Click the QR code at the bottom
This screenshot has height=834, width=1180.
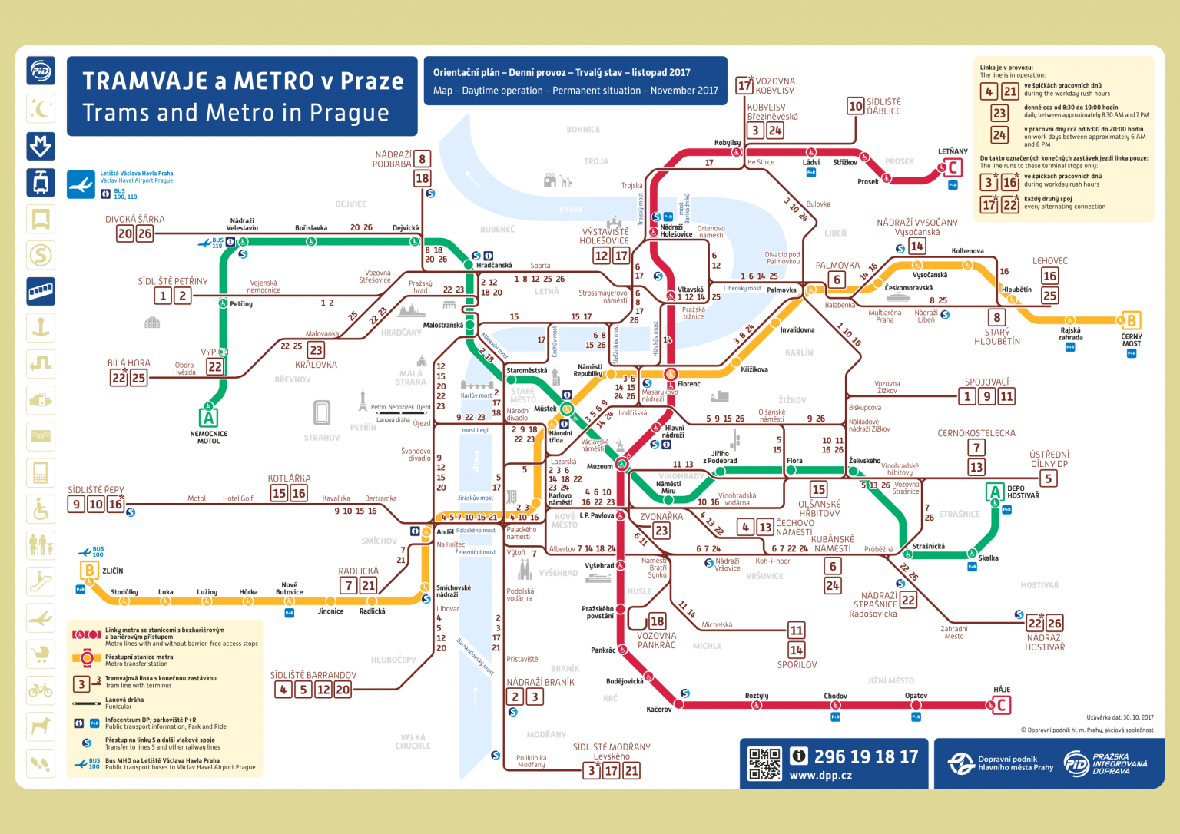click(764, 764)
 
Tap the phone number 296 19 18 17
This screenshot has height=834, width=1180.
click(865, 757)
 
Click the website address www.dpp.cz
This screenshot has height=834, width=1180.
click(820, 776)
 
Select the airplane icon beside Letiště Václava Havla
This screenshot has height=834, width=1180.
click(81, 185)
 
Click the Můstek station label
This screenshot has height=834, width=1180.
click(545, 409)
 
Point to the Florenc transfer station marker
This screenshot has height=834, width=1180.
click(670, 374)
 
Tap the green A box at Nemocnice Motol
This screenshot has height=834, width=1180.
click(208, 418)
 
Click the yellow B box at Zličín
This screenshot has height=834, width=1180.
click(89, 571)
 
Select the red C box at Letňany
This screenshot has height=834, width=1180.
click(953, 167)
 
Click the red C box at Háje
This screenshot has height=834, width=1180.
click(1002, 704)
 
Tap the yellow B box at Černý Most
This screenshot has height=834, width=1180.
click(1131, 320)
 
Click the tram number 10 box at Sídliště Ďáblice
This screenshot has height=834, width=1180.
click(856, 106)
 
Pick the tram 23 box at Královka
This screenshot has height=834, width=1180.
click(316, 350)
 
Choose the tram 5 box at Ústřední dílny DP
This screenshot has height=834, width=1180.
click(1049, 478)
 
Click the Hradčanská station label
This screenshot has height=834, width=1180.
click(494, 266)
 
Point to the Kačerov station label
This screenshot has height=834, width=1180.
click(659, 710)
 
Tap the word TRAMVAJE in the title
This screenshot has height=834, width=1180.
click(144, 81)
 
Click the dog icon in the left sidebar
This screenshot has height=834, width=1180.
click(41, 725)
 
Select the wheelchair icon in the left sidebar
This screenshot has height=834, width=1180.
click(41, 508)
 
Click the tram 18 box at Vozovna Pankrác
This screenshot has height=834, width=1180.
click(657, 621)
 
